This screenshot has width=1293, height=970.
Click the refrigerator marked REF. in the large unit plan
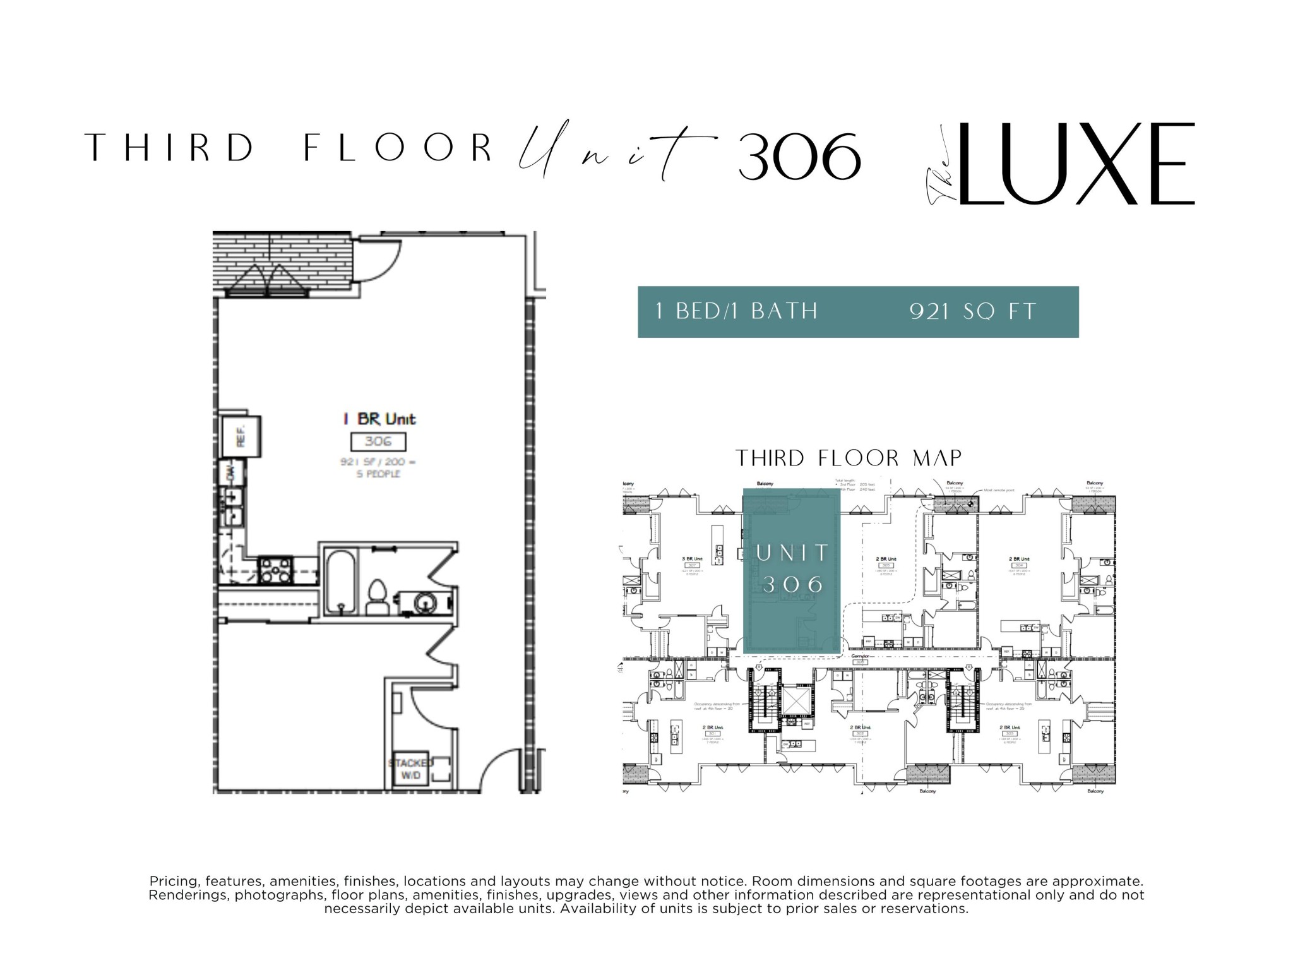point(241,436)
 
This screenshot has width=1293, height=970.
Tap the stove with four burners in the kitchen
point(275,570)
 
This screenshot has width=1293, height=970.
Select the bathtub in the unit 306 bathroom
point(342,581)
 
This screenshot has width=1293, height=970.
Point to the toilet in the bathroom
point(378,597)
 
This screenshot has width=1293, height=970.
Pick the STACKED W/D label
point(410,769)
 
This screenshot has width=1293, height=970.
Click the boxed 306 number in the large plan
point(378,441)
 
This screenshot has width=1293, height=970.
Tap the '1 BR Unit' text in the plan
point(379,419)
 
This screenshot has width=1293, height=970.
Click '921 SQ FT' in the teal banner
point(972,311)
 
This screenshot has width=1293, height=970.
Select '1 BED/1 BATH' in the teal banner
point(737,311)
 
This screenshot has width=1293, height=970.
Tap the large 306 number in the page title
point(799,156)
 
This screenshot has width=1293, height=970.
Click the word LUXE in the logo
point(1073,164)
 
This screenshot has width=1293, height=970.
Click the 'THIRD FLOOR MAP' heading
point(849,458)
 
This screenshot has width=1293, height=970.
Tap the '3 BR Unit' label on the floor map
point(693,559)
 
